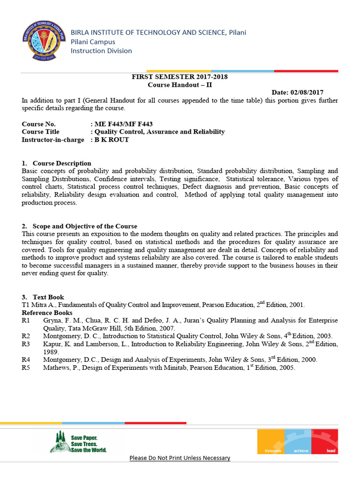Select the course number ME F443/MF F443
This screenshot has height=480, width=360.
[x=123, y=124]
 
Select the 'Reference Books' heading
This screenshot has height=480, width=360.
[x=47, y=313]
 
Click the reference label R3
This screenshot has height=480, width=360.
[x=26, y=344]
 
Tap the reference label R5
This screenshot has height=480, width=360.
[x=26, y=368]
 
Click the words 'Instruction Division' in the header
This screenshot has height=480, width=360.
[x=101, y=51]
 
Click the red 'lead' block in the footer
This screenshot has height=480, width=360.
[x=324, y=442]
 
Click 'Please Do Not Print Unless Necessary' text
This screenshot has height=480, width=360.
[x=180, y=458]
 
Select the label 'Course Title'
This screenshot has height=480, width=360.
[x=41, y=132]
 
